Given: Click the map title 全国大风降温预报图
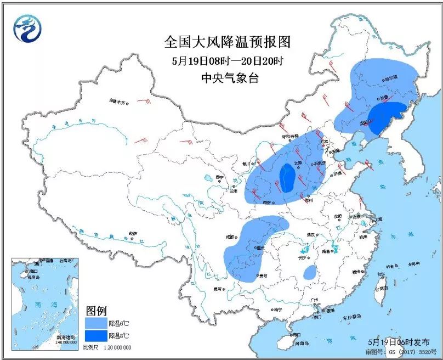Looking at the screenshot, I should pos(226,42).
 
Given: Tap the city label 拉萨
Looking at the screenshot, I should pos(133,233).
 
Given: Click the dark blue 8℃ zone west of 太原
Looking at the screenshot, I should pos(287,177).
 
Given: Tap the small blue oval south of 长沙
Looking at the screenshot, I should pos(310,272).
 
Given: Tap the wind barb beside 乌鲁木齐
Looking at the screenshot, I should pos(145,102).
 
